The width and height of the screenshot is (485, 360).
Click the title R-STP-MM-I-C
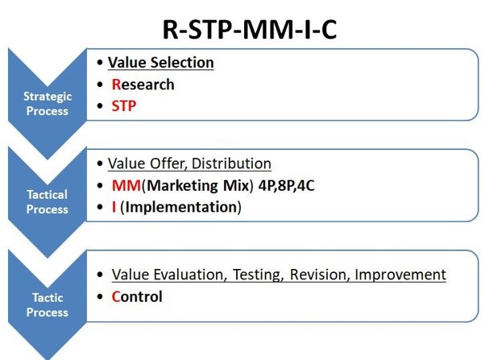tap(250, 30)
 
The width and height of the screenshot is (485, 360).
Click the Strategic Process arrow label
tap(48, 104)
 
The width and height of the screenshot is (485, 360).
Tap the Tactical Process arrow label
tap(48, 202)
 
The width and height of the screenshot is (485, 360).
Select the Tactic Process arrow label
tap(48, 305)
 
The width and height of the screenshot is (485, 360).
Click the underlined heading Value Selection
tap(161, 63)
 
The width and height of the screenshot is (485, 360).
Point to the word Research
tap(143, 85)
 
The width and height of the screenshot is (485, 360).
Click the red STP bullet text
tap(124, 106)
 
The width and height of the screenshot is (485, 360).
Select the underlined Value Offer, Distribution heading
tap(189, 163)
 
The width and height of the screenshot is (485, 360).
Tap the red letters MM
tap(126, 185)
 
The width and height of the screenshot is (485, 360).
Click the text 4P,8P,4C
tap(287, 185)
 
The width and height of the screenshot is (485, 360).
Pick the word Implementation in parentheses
tap(181, 207)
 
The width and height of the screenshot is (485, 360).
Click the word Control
tap(137, 296)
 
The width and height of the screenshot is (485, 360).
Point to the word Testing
tap(258, 275)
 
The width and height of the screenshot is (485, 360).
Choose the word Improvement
tap(400, 275)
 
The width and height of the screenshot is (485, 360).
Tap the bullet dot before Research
tap(100, 85)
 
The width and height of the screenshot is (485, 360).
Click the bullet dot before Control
tap(100, 297)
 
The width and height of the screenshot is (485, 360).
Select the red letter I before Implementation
tap(114, 207)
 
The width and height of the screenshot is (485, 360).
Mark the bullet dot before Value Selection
tap(100, 63)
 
